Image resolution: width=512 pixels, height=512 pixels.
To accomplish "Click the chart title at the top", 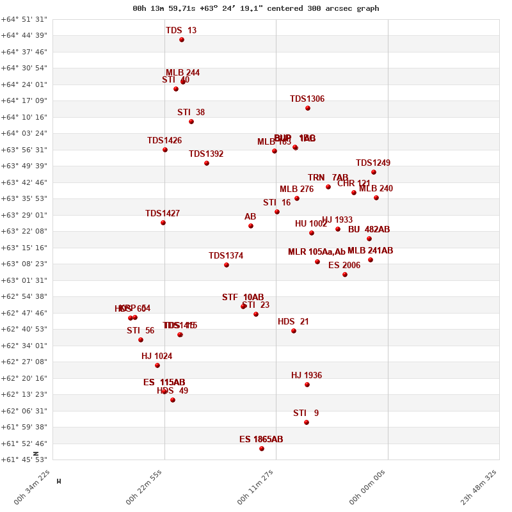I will click(x=256, y=8).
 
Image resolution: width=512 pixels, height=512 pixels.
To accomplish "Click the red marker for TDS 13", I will click(x=182, y=40).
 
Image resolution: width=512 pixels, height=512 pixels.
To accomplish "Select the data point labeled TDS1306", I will click(x=308, y=108).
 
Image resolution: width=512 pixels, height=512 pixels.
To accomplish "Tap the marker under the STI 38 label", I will click(x=191, y=122).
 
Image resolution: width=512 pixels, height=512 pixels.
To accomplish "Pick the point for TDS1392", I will click(x=207, y=163).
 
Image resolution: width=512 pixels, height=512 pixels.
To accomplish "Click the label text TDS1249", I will click(x=373, y=163).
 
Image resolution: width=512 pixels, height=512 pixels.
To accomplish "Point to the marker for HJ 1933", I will click(x=338, y=229).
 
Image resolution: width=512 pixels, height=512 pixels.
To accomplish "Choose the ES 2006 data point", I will click(x=345, y=275).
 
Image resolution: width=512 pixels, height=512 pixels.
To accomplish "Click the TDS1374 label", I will click(x=226, y=256).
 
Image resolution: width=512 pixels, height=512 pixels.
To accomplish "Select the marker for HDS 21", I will click(x=294, y=331).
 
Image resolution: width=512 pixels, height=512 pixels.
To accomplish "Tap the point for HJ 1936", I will click(x=307, y=385).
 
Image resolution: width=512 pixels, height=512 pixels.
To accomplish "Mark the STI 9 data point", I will click(x=307, y=422).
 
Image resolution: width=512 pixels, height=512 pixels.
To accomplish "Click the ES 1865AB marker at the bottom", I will click(x=262, y=449).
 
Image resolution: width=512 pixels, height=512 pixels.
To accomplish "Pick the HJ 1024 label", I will click(x=157, y=356).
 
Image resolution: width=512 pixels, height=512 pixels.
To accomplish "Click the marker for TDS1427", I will click(x=163, y=223).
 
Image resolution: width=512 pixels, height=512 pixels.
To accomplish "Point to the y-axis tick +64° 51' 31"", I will click(x=24, y=19).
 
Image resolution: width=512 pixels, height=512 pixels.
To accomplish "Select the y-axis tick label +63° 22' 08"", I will click(x=24, y=231).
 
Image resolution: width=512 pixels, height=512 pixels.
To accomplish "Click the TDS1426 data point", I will click(x=165, y=150).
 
